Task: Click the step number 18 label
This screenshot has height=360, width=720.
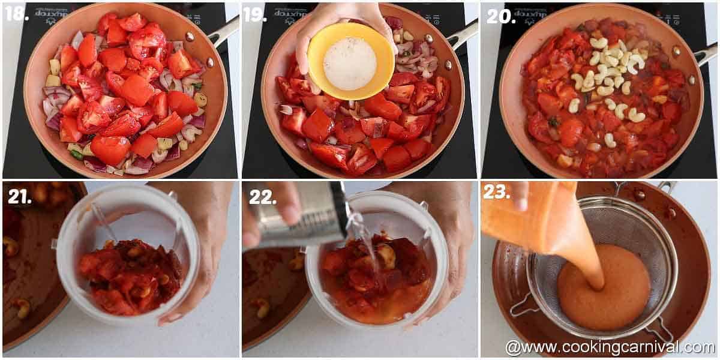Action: (16, 14)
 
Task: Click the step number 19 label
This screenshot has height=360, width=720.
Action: (254, 14)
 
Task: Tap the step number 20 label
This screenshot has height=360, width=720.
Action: (500, 16)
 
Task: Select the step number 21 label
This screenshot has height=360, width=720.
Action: (19, 196)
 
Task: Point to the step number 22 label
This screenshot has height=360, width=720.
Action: (262, 196)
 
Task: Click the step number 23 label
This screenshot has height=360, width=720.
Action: (496, 192)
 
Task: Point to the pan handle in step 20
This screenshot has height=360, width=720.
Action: (705, 53)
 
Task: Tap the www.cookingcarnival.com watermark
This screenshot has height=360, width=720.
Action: (609, 347)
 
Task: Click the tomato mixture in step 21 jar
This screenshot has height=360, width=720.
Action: (129, 276)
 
